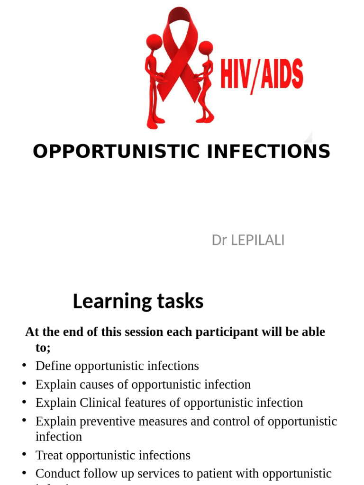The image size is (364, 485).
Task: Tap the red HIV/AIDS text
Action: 261,76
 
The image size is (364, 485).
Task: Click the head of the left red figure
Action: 155,42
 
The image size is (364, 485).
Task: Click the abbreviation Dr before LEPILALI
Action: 219,241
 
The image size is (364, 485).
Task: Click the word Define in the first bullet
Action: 54,366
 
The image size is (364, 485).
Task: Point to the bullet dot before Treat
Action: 24,455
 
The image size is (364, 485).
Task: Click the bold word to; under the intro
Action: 43,348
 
